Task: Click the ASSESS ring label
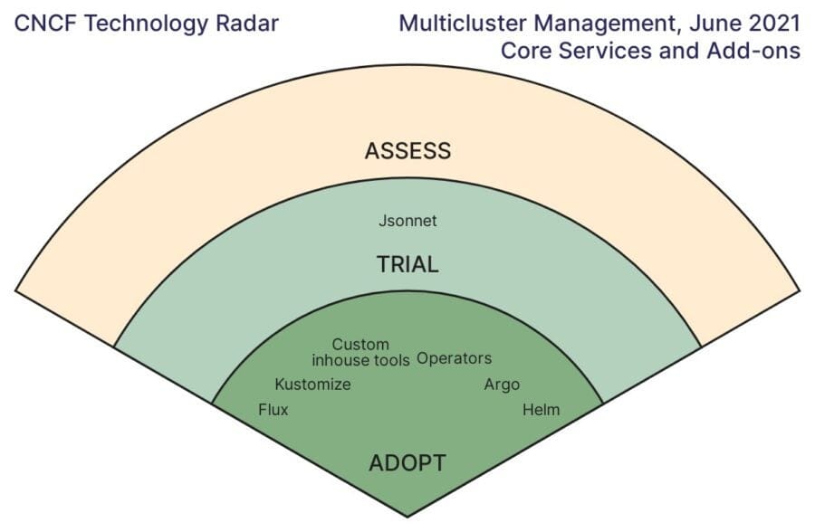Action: click(x=407, y=151)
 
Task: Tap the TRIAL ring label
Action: click(x=407, y=265)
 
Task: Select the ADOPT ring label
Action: click(x=407, y=464)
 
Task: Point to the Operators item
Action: click(x=454, y=358)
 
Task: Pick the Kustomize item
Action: click(x=312, y=385)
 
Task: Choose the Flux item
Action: click(x=273, y=410)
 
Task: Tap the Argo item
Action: click(x=502, y=385)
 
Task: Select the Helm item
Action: click(x=542, y=410)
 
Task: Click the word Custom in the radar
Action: click(x=360, y=345)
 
